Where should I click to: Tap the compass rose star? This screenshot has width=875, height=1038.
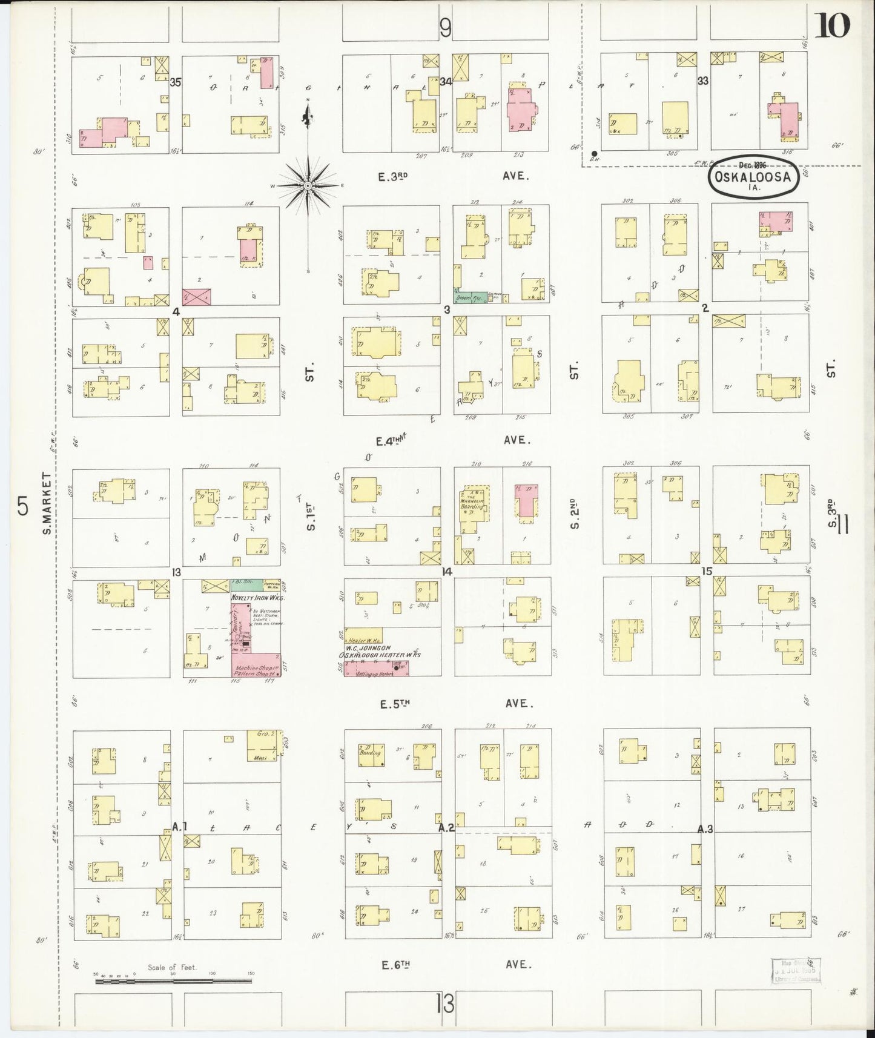(308, 185)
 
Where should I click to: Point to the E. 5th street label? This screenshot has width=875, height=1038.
(395, 704)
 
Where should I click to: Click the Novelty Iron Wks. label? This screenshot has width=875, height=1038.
(258, 597)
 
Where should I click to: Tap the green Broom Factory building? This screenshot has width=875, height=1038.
(471, 297)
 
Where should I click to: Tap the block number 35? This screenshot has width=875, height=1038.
(176, 82)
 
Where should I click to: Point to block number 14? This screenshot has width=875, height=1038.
(447, 571)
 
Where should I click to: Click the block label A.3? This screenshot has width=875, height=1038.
(704, 829)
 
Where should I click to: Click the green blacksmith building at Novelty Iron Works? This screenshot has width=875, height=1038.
(246, 585)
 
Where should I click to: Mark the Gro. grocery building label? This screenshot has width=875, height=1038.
(263, 733)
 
